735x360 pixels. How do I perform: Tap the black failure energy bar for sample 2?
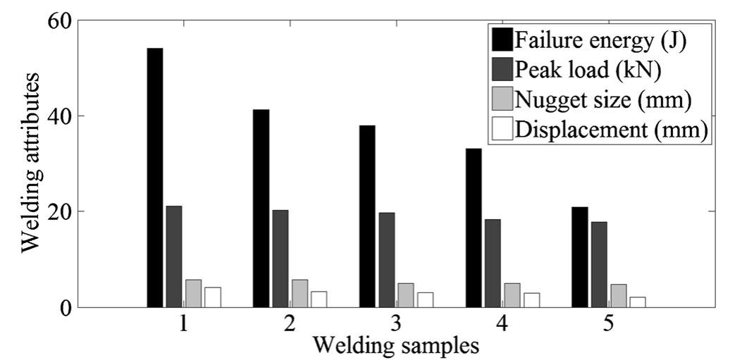tap(261, 208)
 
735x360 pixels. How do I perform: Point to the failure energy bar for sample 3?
tap(367, 216)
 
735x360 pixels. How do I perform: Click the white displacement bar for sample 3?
tap(424, 299)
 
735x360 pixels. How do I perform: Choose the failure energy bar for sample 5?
tap(579, 256)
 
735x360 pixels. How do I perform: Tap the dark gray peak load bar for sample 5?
tap(598, 264)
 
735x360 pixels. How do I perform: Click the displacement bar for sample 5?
tap(637, 302)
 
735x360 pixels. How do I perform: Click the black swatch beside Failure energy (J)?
tap(502, 39)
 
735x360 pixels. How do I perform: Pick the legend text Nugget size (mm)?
tap(601, 99)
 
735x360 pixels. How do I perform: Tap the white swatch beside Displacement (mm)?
tap(502, 130)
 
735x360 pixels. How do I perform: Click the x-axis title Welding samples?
tap(397, 346)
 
